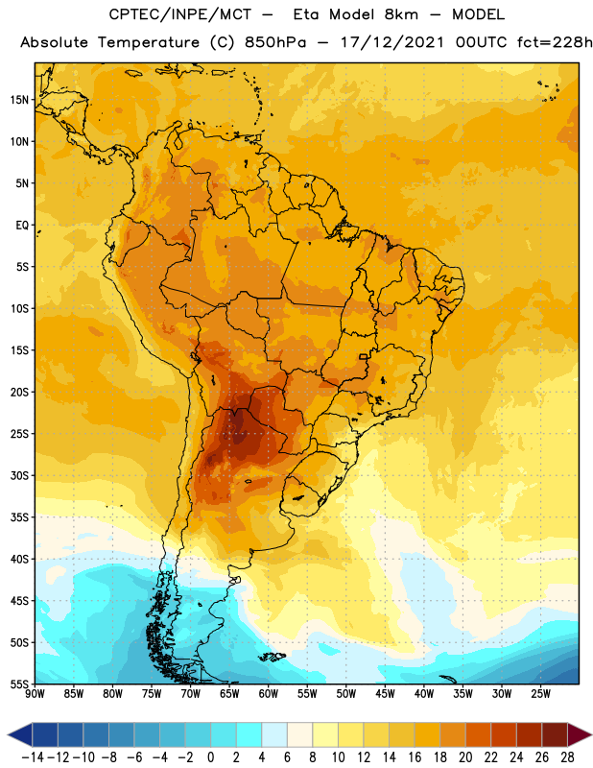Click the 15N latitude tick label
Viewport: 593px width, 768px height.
(19, 100)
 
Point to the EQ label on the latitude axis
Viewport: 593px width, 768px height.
(22, 226)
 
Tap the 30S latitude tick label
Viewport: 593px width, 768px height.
(19, 475)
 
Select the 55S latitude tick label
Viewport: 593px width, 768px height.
(19, 684)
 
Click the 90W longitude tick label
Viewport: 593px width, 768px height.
(35, 693)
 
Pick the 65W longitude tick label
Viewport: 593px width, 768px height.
(229, 693)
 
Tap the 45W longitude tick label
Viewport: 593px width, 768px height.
(385, 693)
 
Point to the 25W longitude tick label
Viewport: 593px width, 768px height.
(540, 693)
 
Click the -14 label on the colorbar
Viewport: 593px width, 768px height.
(33, 757)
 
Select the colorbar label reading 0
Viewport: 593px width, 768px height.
(210, 757)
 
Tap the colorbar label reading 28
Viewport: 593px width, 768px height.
(567, 757)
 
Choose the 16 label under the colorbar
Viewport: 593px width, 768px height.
(415, 757)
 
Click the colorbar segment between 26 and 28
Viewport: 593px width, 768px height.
(555, 734)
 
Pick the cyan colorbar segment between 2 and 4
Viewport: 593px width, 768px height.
(249, 734)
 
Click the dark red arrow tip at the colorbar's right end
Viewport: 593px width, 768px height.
(591, 734)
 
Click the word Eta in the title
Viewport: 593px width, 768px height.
(306, 14)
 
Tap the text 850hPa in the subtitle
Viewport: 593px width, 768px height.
(275, 42)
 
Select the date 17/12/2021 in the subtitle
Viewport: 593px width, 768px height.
(392, 42)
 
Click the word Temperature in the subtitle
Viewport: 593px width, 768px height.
(149, 43)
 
